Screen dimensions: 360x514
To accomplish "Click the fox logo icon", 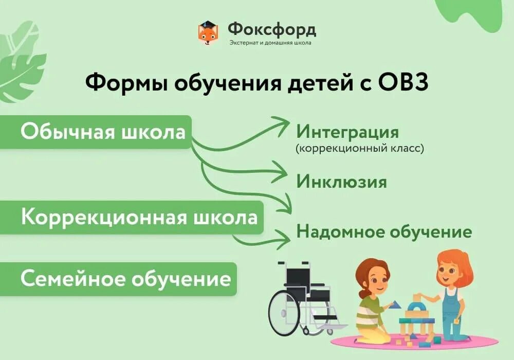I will tap(209, 33).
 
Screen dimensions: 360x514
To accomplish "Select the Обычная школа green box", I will tap(103, 132).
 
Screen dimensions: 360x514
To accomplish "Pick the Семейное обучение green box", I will tap(125, 279).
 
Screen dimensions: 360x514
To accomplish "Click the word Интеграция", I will tap(347, 132).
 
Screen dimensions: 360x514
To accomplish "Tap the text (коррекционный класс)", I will tap(360, 149).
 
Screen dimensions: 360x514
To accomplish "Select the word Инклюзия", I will tap(341, 182).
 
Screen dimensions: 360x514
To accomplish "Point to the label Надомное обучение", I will tap(384, 231).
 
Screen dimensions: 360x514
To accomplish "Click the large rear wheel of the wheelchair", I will tap(286, 313).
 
